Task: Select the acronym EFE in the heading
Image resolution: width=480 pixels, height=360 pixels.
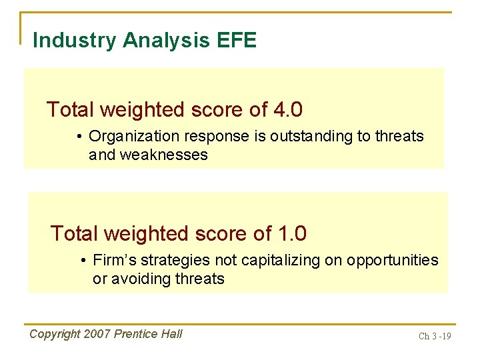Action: tap(237, 41)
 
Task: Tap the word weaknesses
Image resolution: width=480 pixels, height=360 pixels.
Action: tap(163, 155)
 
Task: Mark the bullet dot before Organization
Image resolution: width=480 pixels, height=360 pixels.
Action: tap(79, 137)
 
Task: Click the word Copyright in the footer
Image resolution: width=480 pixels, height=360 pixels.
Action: tap(56, 334)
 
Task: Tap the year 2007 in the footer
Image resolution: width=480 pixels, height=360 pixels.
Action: tap(99, 334)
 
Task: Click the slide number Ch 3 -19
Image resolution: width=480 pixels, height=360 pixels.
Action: tap(434, 336)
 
